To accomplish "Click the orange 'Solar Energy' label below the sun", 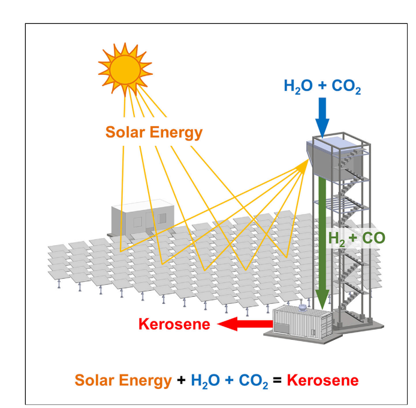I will [x=153, y=132].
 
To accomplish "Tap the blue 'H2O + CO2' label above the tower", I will [x=322, y=87].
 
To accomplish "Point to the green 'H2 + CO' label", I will [x=356, y=238].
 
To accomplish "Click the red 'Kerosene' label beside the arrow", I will [x=174, y=324].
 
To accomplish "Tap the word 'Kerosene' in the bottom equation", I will [x=322, y=380].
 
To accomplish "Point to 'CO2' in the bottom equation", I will [x=253, y=380].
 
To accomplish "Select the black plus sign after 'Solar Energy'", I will [x=180, y=380].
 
